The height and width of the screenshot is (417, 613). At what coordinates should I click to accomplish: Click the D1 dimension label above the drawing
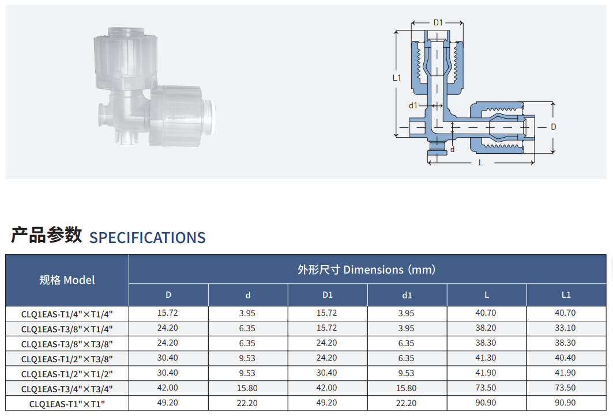(438, 22)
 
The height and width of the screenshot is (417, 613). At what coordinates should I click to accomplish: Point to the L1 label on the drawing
(397, 78)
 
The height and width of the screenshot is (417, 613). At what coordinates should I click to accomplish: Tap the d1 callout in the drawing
(413, 105)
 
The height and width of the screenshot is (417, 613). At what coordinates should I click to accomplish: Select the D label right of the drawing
(554, 127)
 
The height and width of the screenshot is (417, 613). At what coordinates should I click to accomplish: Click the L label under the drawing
(481, 163)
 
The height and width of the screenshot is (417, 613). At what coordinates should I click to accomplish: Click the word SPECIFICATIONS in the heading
(148, 238)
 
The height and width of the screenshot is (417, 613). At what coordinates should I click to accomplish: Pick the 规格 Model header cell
(67, 280)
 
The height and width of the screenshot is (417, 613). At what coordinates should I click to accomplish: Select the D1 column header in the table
(328, 295)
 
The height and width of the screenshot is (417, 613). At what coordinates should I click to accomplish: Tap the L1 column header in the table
(566, 295)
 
